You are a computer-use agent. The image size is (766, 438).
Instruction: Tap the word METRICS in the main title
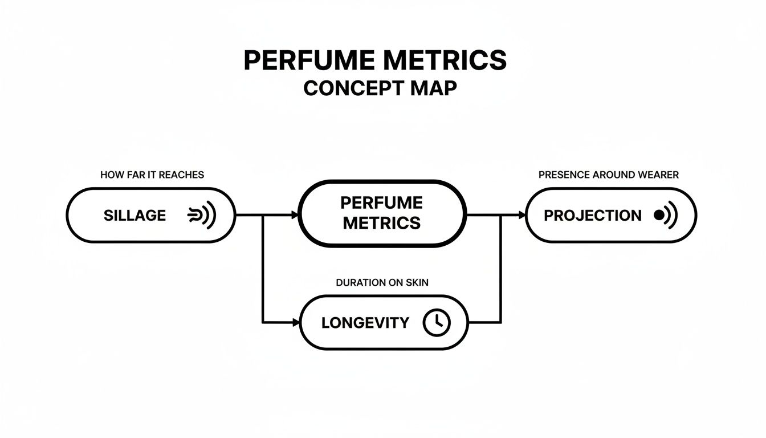point(439,60)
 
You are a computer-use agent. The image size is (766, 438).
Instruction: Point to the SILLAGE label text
point(135,216)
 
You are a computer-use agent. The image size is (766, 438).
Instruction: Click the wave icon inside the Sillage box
point(202,216)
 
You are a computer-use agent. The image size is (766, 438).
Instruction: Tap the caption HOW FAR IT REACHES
point(152,175)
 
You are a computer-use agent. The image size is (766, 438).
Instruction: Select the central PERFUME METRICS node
point(382,213)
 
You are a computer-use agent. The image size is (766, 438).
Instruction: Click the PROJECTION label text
point(592,216)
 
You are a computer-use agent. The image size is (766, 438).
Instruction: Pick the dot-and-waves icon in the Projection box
point(665,216)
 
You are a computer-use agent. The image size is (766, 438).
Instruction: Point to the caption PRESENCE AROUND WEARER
point(608,175)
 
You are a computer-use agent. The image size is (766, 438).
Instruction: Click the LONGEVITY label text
point(365,323)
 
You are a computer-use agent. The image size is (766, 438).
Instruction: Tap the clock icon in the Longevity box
point(436,323)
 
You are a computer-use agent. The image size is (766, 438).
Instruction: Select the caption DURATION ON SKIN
point(382,283)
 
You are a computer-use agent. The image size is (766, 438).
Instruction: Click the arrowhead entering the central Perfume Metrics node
point(295,215)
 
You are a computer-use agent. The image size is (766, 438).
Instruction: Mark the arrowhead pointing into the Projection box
point(521,215)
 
